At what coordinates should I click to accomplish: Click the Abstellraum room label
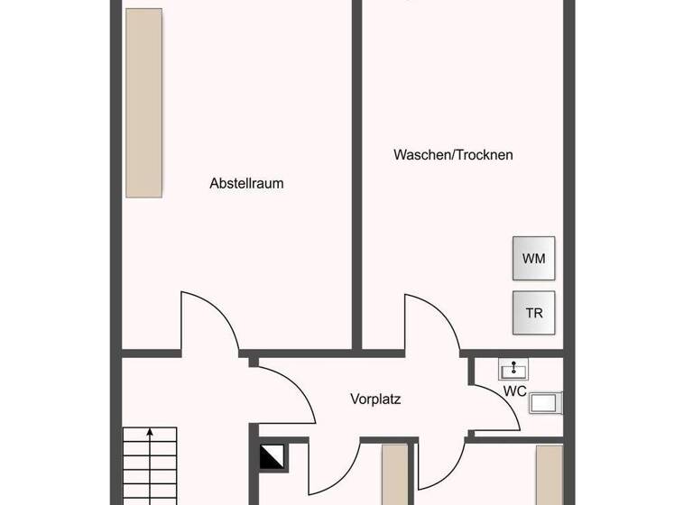(246, 183)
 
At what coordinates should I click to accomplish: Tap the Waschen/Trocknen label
(453, 154)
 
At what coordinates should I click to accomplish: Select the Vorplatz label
(375, 398)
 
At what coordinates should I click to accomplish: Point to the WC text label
(514, 390)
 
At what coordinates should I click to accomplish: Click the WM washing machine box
(533, 259)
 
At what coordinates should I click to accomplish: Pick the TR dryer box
(533, 313)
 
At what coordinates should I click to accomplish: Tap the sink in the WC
(514, 368)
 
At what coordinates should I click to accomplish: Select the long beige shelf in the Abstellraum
(144, 103)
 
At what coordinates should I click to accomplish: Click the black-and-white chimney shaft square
(272, 457)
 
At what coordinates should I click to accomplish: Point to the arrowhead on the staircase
(150, 434)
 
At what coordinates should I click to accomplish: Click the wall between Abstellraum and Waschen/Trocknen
(357, 171)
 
